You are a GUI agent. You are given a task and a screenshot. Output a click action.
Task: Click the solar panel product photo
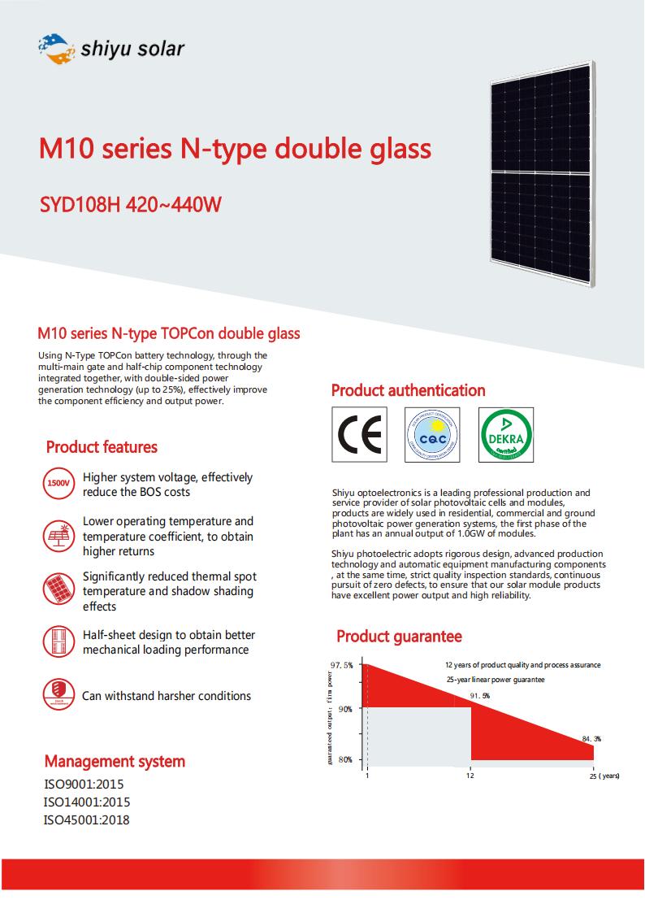coord(539,173)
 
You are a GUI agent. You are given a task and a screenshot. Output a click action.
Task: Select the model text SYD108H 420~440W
coord(130,203)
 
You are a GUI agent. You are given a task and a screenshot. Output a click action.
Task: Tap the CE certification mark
coord(360,435)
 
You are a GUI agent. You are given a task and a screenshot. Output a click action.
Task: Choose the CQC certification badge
coord(432,435)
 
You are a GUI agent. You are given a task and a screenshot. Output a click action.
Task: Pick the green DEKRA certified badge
coord(506,435)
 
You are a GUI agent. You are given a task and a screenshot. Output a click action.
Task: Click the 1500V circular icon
coord(58,484)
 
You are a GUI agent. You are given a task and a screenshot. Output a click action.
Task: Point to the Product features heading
coord(102,447)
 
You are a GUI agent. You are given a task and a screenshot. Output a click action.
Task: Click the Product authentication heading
coord(408,391)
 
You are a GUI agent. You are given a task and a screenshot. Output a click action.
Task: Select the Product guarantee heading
coord(399,637)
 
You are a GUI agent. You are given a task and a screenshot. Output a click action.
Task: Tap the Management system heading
coord(115,762)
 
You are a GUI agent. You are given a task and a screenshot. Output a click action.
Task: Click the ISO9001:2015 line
coord(84,785)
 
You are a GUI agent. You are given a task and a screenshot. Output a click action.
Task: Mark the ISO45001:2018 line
coord(86,820)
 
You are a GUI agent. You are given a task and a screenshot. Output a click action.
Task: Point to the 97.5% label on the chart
coord(342,665)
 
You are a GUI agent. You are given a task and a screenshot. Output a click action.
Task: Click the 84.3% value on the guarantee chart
coord(591,738)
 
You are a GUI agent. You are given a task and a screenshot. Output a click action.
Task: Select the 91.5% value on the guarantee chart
coord(480,696)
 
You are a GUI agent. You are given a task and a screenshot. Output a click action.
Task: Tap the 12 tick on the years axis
coord(470,776)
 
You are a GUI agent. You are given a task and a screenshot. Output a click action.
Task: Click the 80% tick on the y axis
coord(345,759)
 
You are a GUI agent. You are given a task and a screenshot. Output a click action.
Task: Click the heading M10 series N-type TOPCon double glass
coord(169,333)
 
